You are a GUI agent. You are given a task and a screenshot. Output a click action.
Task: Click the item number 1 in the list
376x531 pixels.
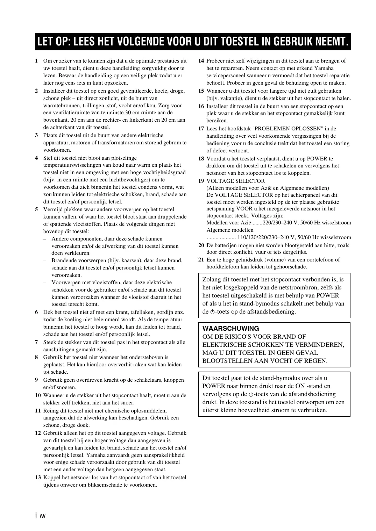(x=36, y=61)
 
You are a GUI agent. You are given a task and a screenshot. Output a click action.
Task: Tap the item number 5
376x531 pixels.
(x=36, y=209)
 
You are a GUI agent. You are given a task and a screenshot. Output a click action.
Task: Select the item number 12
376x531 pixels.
(x=38, y=433)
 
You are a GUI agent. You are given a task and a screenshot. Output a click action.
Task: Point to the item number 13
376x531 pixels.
(x=38, y=478)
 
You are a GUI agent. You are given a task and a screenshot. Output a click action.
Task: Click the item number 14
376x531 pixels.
(x=201, y=61)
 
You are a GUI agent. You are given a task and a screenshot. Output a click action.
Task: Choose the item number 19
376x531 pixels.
(x=201, y=181)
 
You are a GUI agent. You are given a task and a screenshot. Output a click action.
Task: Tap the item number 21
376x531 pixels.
(x=201, y=260)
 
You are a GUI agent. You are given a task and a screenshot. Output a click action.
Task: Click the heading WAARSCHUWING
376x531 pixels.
(x=231, y=329)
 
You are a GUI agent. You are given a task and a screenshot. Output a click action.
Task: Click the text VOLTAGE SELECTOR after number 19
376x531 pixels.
(x=236, y=181)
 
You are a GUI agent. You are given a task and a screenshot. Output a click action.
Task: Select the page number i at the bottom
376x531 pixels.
(x=36, y=515)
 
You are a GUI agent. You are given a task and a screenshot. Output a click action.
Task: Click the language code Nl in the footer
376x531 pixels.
(x=42, y=516)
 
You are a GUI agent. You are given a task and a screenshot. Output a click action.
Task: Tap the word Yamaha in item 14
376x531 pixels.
(x=324, y=68)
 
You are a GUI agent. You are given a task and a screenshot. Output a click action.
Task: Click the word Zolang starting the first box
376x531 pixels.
(x=212, y=279)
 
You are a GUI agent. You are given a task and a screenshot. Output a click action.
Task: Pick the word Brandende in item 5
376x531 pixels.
(x=63, y=260)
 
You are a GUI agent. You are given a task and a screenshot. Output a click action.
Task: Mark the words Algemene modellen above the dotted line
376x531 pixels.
(x=230, y=230)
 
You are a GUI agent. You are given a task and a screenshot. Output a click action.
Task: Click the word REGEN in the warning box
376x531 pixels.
(x=315, y=361)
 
